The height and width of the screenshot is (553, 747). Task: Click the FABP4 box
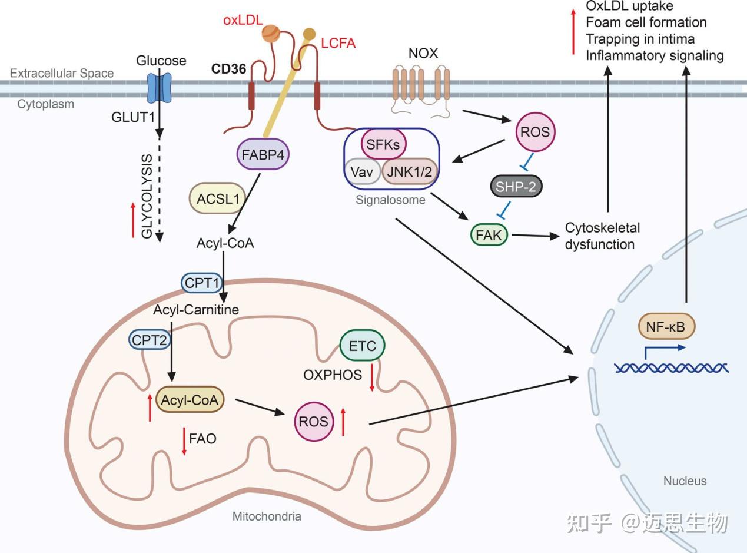263,155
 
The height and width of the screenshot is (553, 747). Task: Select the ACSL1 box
218,199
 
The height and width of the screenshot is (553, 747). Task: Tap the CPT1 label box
202,283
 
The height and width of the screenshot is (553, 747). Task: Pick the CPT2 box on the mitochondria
149,339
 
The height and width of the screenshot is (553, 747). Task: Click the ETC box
362,346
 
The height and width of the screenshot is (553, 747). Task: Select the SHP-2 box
516,187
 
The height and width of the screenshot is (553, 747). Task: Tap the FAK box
489,235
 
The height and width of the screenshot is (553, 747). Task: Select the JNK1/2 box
410,171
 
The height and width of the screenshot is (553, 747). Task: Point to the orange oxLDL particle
271,32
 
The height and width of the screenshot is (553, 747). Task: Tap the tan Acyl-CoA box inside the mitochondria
190,400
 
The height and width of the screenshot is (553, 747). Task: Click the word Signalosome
390,200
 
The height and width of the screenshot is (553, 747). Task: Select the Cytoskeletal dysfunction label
602,236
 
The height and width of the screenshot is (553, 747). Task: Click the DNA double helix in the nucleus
671,368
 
